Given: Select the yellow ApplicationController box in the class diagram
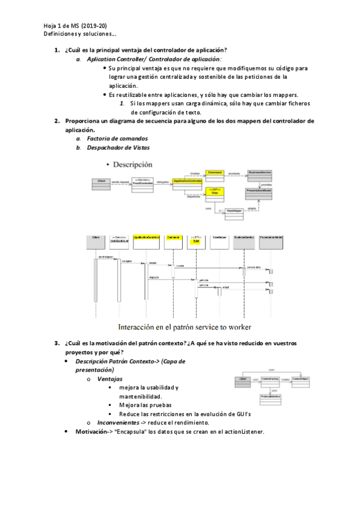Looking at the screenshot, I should coord(187,180).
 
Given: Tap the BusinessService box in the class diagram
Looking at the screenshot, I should coord(260,173).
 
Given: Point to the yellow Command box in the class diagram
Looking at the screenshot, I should coord(215,173).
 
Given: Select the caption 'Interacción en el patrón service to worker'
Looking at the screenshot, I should coord(184,327).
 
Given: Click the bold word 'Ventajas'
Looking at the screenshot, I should coord(110,379).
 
